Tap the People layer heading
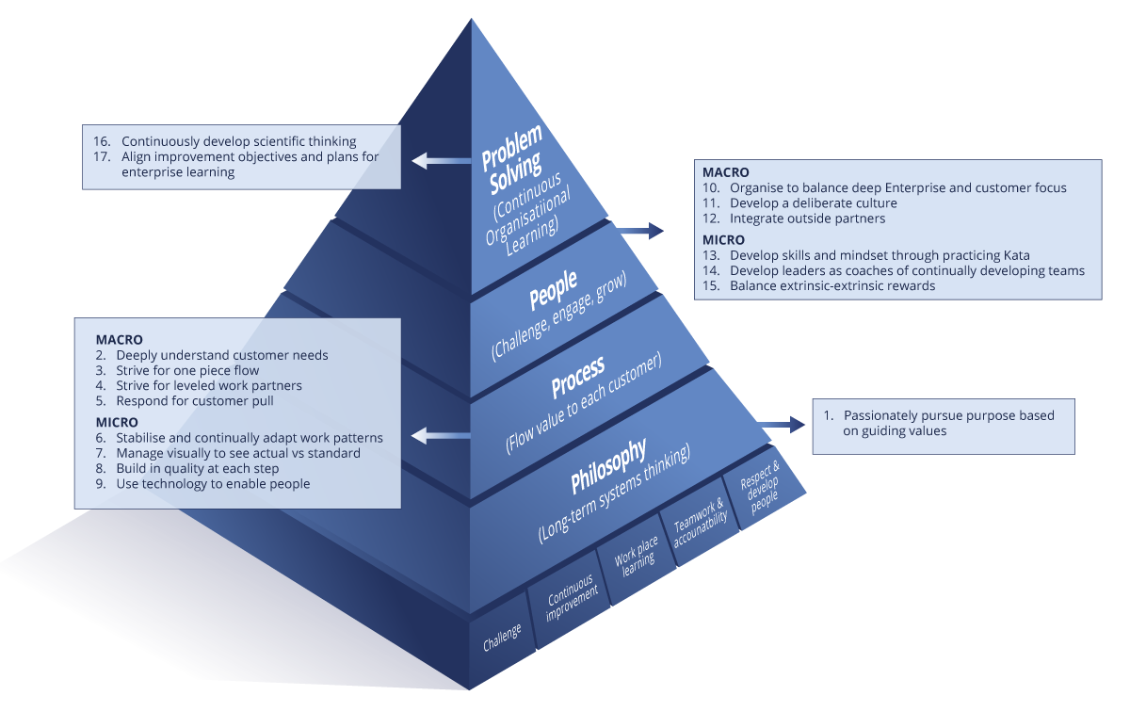pos(554,290)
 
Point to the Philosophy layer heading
pos(608,466)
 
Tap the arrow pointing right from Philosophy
pos(783,426)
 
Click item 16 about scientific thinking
pos(225,141)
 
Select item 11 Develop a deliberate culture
pos(799,203)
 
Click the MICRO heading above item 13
pos(723,240)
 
